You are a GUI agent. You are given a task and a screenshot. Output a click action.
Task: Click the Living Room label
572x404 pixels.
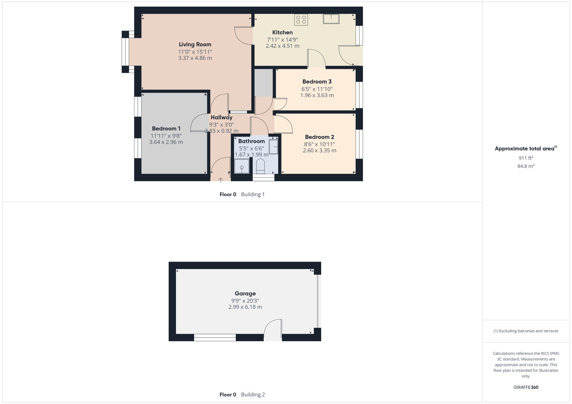[195, 44]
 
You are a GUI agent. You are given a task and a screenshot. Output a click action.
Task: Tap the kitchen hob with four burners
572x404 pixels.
[301, 20]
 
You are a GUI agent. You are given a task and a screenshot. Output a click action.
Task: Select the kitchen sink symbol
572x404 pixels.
[331, 19]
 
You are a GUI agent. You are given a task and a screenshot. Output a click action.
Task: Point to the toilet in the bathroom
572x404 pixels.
[260, 166]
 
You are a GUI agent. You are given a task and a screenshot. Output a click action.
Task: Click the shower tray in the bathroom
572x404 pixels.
[242, 166]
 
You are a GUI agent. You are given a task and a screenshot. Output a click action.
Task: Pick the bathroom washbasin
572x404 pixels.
[273, 147]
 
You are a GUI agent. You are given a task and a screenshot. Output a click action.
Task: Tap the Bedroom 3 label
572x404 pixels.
[317, 82]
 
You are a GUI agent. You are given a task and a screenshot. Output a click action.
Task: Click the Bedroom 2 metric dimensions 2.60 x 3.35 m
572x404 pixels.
[319, 150]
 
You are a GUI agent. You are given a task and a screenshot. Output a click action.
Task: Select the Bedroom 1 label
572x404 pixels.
[166, 128]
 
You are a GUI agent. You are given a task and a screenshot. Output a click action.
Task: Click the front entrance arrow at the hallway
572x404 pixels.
[221, 180]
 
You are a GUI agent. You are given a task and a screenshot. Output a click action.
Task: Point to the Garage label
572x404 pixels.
[245, 294]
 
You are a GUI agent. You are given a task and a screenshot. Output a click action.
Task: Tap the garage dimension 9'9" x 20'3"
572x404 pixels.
[245, 301]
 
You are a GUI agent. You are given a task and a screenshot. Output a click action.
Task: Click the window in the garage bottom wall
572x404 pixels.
[215, 337]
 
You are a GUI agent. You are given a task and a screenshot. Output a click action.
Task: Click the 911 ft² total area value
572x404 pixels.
[526, 158]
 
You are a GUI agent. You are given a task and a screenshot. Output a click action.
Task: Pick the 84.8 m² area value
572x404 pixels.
[526, 166]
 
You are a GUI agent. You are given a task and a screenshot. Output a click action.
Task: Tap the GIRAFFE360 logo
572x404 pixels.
[526, 387]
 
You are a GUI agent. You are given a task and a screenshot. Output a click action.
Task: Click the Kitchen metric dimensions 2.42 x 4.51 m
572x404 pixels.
[283, 46]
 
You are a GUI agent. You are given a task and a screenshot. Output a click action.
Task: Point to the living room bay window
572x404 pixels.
[125, 52]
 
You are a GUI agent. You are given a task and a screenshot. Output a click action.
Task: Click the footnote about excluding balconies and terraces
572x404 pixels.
[526, 331]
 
